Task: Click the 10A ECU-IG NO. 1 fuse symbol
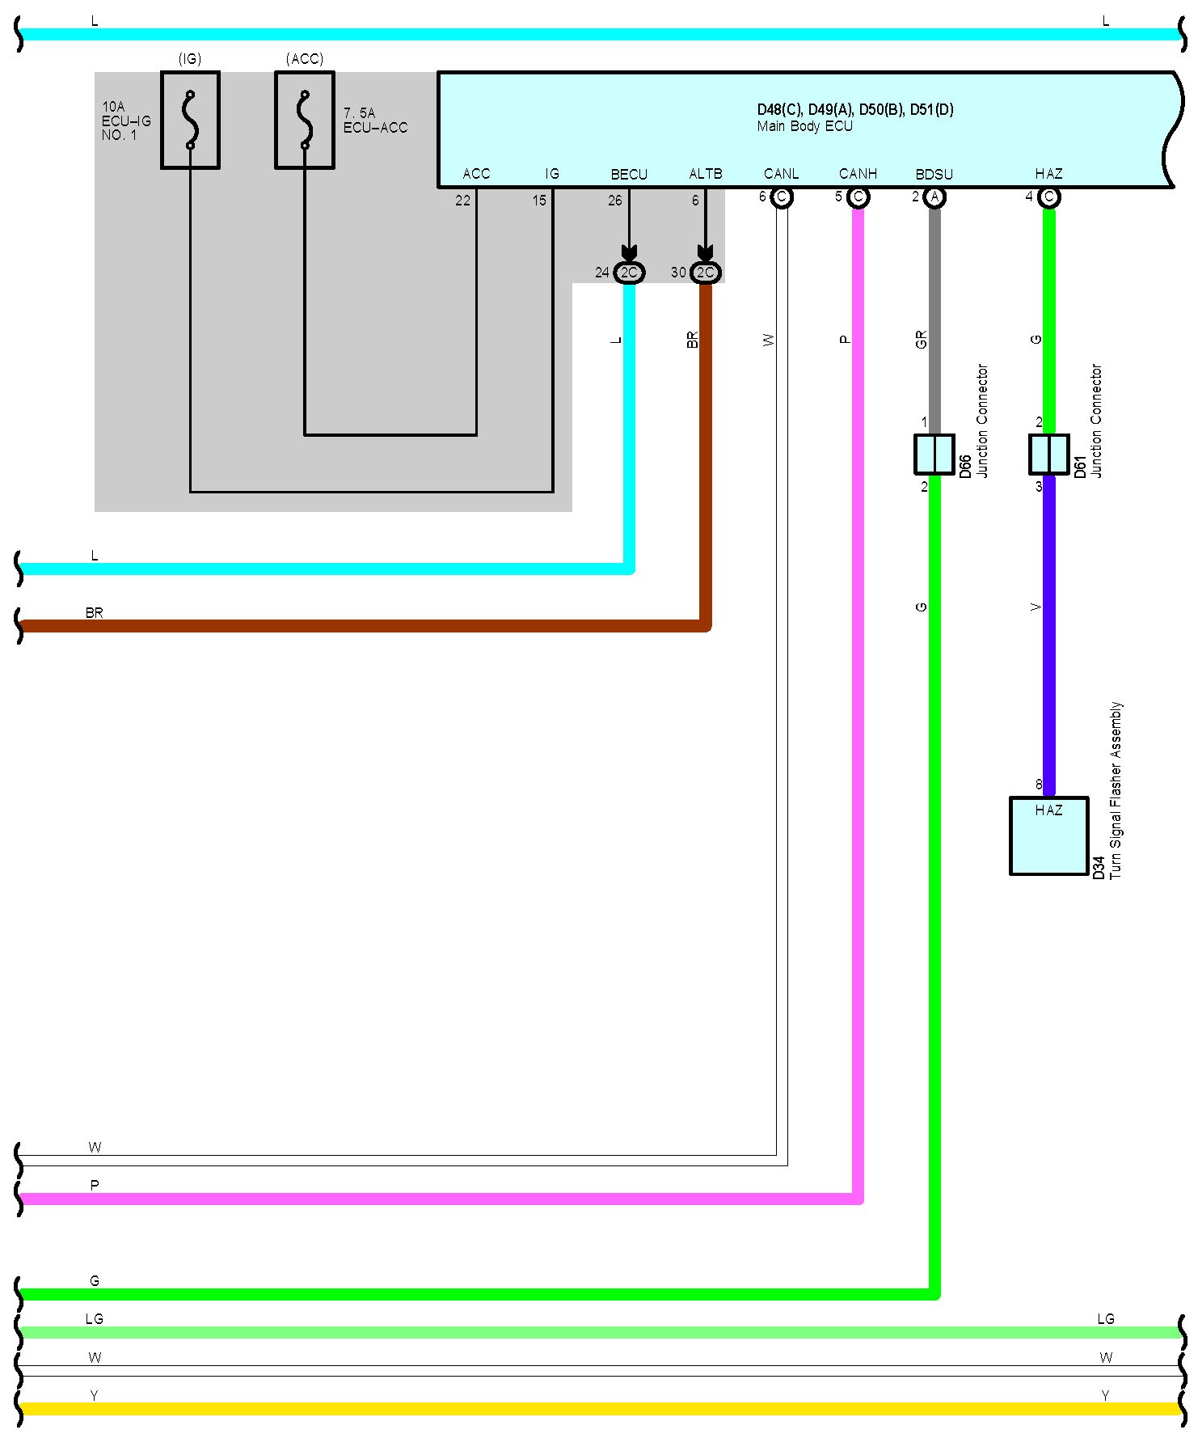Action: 190,120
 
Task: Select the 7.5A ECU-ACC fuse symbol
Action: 305,120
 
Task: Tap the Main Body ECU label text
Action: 804,126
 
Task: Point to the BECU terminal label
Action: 629,174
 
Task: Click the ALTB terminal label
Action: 705,174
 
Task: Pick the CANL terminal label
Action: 781,174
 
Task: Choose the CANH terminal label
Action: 858,174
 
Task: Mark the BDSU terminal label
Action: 934,174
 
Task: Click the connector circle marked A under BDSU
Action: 934,197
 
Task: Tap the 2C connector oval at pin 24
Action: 629,273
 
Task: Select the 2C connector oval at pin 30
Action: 706,273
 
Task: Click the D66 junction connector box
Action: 934,454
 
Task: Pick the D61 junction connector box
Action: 1048,454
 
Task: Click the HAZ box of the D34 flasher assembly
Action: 1048,835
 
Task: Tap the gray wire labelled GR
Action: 934,324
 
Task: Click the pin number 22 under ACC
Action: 462,201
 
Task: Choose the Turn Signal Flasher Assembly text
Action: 1116,789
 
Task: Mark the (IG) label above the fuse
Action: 190,59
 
